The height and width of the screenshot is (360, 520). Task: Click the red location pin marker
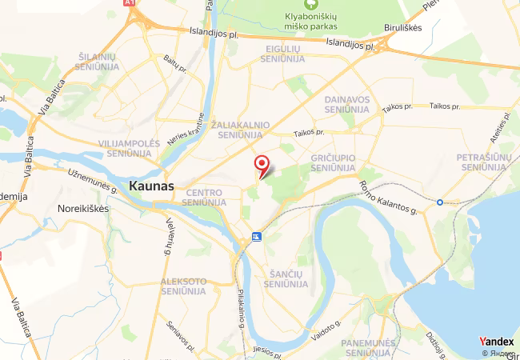coord(262,166)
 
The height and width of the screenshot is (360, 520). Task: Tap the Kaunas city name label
coord(151,186)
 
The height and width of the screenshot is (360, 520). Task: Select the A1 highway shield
coord(130,3)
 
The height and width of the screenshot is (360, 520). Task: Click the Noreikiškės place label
coord(83,207)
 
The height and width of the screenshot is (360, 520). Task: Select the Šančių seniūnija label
coord(285,278)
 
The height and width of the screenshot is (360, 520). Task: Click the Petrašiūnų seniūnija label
coord(483,162)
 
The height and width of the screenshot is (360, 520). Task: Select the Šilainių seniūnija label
coord(98,61)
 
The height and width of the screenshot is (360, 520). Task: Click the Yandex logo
coord(496,342)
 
